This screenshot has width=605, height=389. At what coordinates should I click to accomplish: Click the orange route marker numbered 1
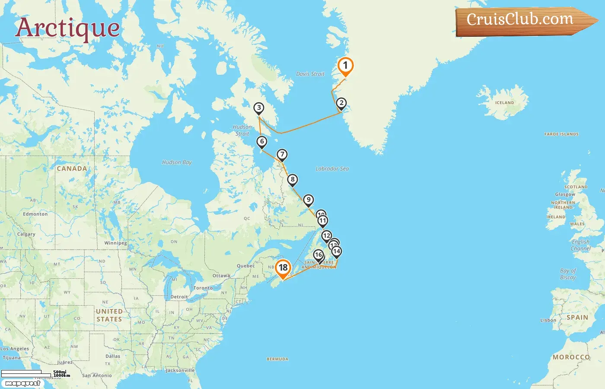click(345, 66)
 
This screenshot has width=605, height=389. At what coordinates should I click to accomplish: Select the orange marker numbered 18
click(283, 268)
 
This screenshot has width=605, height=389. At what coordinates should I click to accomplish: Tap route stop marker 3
click(258, 108)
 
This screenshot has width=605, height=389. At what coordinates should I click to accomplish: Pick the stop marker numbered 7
click(282, 154)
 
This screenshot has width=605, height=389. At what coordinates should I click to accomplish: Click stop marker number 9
click(308, 200)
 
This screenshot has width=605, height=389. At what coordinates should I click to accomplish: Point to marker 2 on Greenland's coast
click(341, 103)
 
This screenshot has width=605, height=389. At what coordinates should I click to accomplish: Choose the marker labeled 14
click(337, 251)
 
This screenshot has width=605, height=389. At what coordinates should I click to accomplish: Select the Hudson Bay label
click(177, 163)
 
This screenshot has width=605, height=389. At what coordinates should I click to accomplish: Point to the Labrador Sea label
click(332, 169)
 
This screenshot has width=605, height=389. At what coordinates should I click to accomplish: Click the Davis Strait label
click(310, 74)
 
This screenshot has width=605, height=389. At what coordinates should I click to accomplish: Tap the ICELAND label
click(504, 103)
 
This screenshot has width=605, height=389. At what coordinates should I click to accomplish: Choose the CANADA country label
click(72, 169)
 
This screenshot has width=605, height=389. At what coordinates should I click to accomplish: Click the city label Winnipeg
click(115, 243)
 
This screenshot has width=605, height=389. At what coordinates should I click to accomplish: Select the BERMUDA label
click(277, 359)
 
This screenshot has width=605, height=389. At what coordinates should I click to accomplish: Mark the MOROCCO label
click(571, 357)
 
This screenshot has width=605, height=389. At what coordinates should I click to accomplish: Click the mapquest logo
click(22, 383)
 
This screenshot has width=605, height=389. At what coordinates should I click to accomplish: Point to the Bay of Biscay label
click(568, 274)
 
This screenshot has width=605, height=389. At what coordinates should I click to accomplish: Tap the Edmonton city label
click(35, 214)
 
